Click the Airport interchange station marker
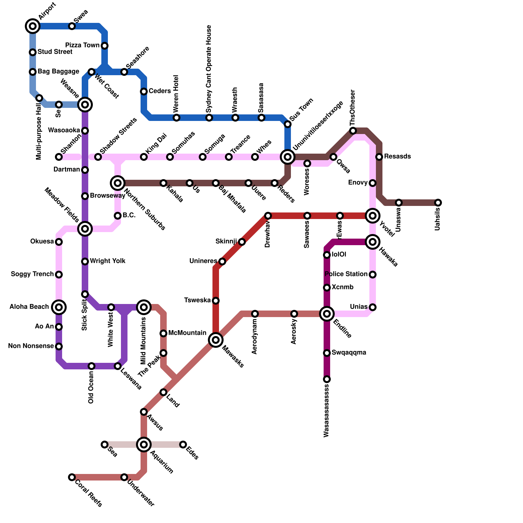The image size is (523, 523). point(33,26)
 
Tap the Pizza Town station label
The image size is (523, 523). point(82,45)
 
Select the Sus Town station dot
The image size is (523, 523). point(288,124)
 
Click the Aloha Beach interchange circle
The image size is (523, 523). point(59,307)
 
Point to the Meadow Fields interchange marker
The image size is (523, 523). point(85,229)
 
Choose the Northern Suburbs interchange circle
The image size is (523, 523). point(118,183)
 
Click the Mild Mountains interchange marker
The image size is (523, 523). point(144,307)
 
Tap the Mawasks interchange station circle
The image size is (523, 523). point(216,340)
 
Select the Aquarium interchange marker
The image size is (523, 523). point(144,445)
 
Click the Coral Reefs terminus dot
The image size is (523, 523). point(72,477)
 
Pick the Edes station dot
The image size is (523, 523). point(183,445)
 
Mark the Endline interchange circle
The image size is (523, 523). point(327,314)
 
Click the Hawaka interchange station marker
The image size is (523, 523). point(373,242)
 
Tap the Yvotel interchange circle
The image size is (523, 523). point(373,216)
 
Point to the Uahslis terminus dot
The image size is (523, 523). point(438,203)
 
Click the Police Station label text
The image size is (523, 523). point(346,274)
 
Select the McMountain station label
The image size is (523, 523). point(187,333)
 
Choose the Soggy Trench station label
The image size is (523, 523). point(32,274)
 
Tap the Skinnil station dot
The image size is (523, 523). point(242,242)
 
